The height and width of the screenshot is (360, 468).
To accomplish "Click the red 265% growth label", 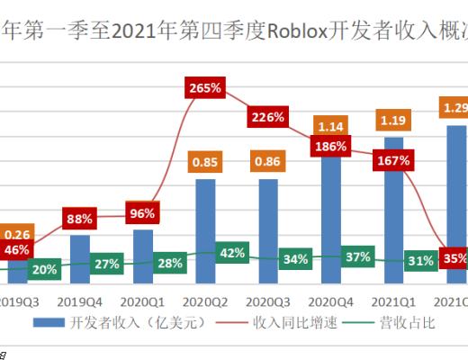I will point(206,88).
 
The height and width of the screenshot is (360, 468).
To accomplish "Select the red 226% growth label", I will point(269,116).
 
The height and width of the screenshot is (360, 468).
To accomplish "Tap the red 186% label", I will point(331,146).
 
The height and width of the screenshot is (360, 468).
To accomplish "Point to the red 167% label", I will point(394,160).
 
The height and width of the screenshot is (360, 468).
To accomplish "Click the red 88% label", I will point(80,217).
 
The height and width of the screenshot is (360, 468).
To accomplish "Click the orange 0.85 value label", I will point(206,163).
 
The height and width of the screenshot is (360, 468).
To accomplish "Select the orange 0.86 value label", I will point(269,163).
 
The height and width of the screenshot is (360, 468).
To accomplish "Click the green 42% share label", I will point(232,253).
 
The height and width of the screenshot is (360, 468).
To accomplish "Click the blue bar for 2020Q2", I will point(206,225).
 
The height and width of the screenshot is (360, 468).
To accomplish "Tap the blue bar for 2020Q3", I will point(269,225).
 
